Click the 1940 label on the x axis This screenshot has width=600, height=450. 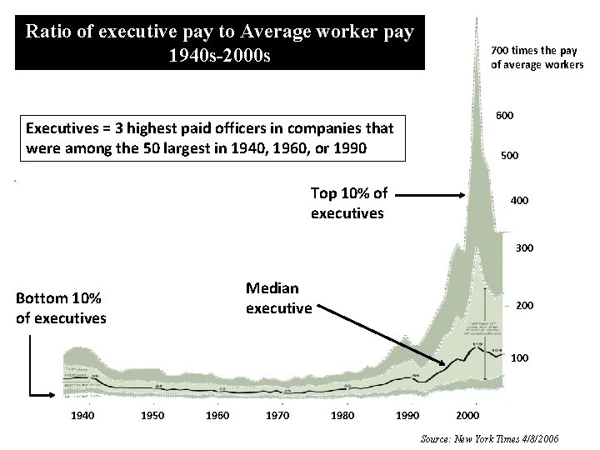point(83,415)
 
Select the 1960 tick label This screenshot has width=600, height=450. point(217,415)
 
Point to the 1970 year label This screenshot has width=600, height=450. point(277,415)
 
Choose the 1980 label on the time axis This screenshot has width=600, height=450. point(342,415)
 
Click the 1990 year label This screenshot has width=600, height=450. point(407,415)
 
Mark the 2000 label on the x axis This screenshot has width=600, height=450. point(468,415)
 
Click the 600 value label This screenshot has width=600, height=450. point(505,115)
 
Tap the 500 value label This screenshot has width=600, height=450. point(509,155)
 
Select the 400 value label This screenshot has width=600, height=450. point(519,201)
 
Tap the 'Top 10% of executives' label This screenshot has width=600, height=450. point(348,202)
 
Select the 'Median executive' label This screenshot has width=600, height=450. point(278,297)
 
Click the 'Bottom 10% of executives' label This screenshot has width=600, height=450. point(61,307)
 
